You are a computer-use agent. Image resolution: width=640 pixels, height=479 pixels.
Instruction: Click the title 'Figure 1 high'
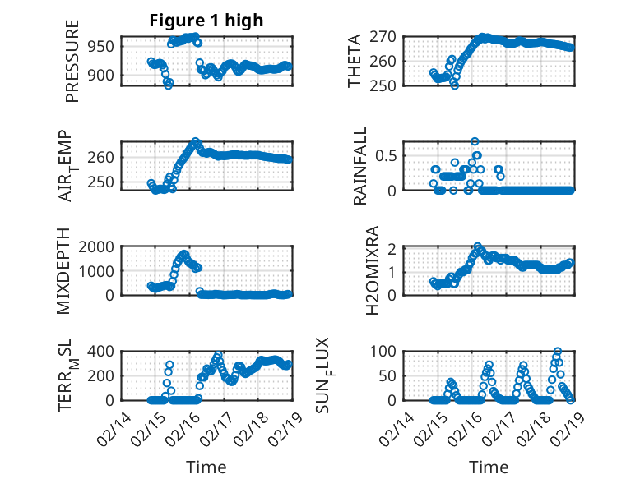(x=206, y=21)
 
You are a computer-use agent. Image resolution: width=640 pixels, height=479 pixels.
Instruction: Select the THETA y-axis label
(x=355, y=61)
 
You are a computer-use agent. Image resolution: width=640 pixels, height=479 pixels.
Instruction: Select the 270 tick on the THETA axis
(x=388, y=37)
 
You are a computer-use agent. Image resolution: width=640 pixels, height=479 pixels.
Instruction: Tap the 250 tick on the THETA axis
(x=388, y=85)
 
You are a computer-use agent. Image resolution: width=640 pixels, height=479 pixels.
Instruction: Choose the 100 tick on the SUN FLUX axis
(x=387, y=352)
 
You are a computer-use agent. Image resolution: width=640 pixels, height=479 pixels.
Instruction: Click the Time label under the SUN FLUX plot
(x=489, y=467)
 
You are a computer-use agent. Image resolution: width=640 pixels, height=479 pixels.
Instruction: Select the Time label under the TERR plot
(x=206, y=467)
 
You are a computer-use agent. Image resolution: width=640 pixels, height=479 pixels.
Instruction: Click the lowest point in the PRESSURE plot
(x=169, y=85)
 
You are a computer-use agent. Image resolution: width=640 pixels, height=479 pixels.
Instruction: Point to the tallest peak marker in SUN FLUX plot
(x=558, y=352)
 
